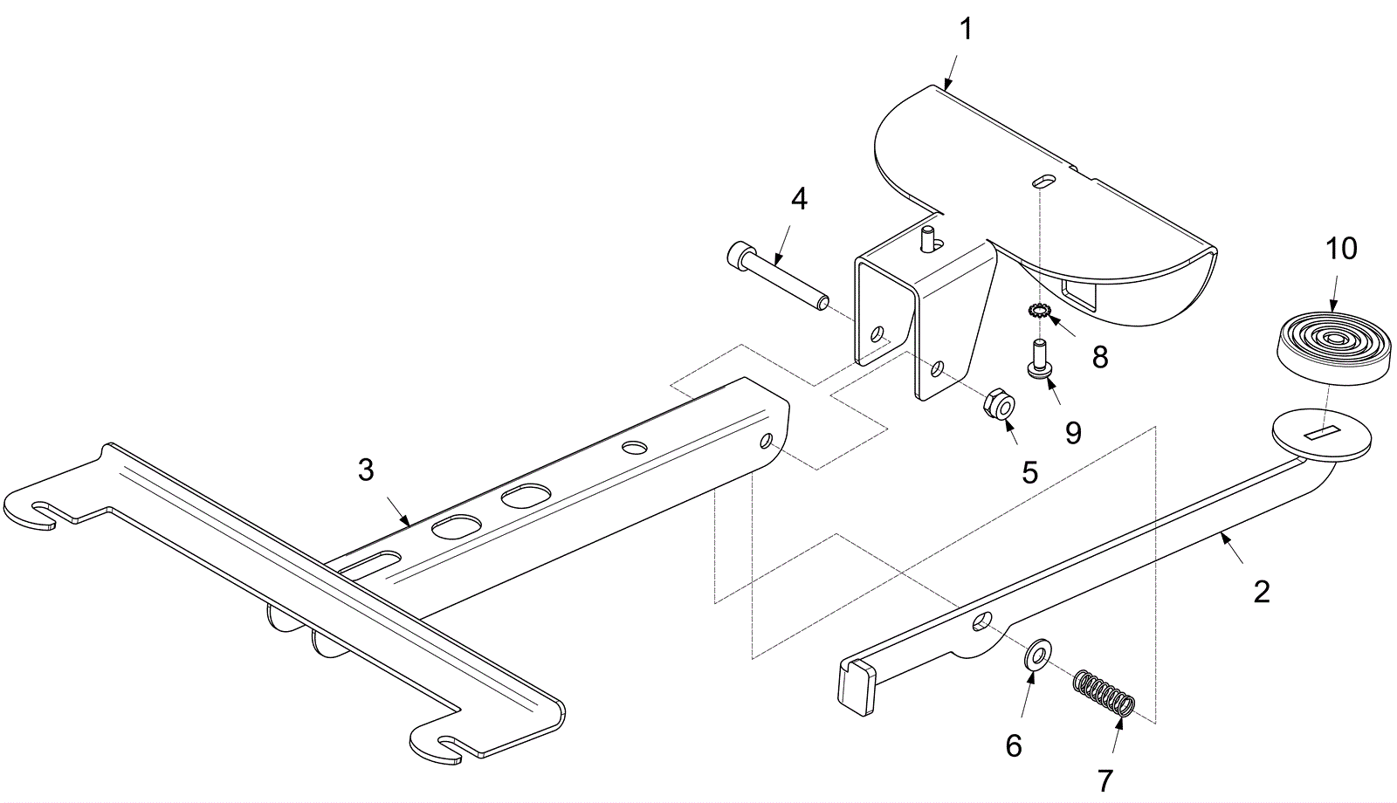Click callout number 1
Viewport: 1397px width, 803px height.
tap(965, 29)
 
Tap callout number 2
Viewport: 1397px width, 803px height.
tap(1261, 592)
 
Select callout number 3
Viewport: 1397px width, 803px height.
tap(366, 470)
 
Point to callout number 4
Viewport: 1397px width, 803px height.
tap(798, 199)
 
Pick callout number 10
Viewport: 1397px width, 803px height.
tap(1341, 249)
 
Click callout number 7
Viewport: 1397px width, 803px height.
tap(1105, 779)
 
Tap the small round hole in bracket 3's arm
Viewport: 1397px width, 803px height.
tap(635, 447)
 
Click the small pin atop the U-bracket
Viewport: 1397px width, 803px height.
tap(929, 237)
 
